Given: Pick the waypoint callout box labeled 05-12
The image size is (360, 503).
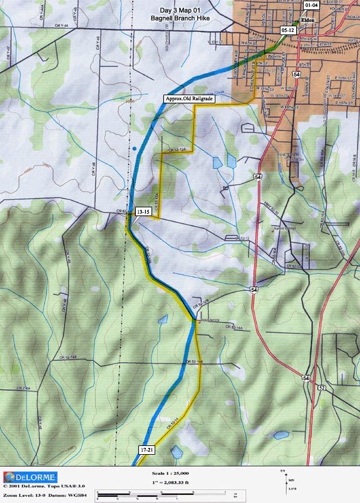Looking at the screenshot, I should pos(289,29).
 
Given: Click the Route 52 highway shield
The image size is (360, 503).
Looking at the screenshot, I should pos(321,388).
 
